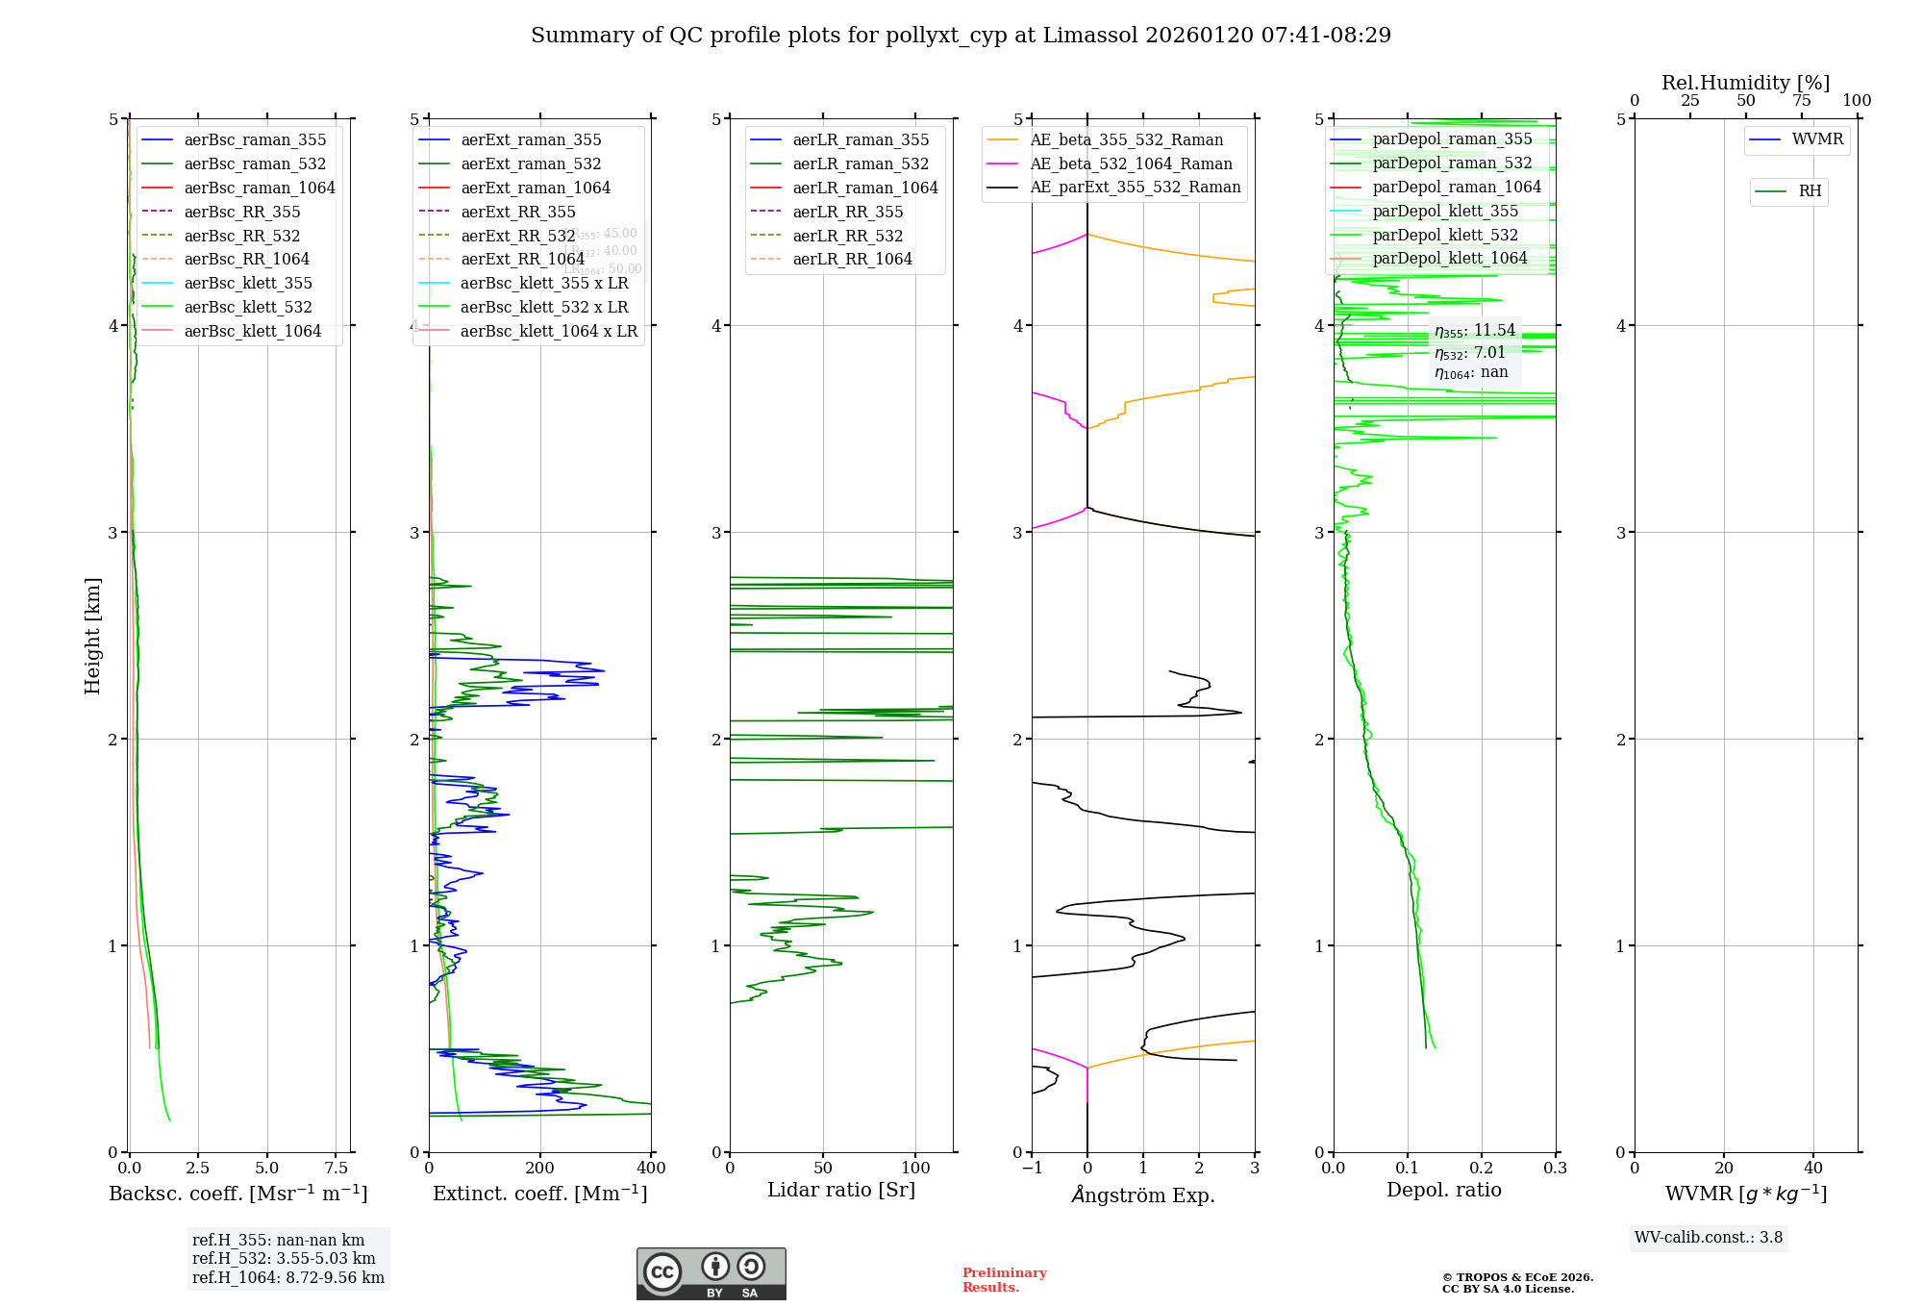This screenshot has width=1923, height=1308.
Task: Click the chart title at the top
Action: [961, 36]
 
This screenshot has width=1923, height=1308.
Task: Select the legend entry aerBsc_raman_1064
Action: [260, 188]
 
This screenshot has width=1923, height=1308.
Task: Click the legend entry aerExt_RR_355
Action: [517, 212]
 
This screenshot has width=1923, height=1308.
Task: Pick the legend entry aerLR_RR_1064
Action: [852, 259]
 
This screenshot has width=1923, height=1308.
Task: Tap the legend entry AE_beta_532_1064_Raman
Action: [1131, 163]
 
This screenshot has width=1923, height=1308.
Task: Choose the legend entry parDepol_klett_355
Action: [1445, 211]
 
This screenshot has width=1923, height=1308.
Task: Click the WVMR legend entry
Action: [1817, 139]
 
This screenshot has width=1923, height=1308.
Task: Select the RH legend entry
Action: [1810, 191]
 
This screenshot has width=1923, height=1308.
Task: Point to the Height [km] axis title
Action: [92, 635]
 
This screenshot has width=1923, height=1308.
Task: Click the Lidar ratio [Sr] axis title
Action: [841, 1190]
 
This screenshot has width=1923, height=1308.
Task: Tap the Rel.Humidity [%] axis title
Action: [1745, 83]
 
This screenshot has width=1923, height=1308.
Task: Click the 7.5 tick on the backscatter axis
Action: [336, 1168]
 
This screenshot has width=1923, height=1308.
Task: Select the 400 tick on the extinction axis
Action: [651, 1168]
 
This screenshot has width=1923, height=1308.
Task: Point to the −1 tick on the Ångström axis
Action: [1032, 1168]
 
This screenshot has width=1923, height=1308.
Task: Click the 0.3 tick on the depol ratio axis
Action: [1555, 1168]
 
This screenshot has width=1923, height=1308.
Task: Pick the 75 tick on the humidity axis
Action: [1801, 101]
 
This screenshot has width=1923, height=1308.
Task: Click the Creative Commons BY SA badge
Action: [711, 1273]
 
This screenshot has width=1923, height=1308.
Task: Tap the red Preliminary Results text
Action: [1004, 1279]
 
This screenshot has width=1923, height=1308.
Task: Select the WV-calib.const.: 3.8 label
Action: [1709, 1237]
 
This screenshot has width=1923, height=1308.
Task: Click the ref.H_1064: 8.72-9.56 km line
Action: [287, 1277]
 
